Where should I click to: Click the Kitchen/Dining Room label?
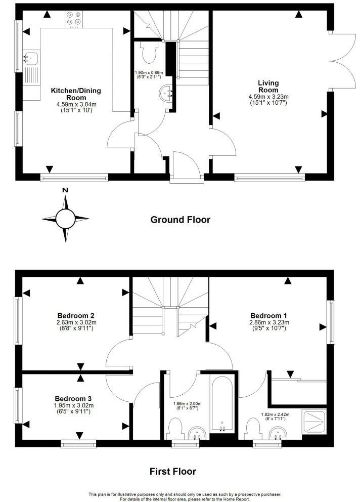pyautogui.click(x=76, y=94)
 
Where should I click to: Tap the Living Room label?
pyautogui.click(x=268, y=86)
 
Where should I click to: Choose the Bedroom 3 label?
pyautogui.click(x=77, y=391)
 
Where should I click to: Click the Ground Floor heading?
pyautogui.click(x=180, y=220)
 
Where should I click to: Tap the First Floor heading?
pyautogui.click(x=172, y=471)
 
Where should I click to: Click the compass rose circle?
pyautogui.click(x=65, y=219)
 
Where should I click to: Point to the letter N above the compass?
pyautogui.click(x=65, y=190)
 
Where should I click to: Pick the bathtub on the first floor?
pyautogui.click(x=221, y=405)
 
